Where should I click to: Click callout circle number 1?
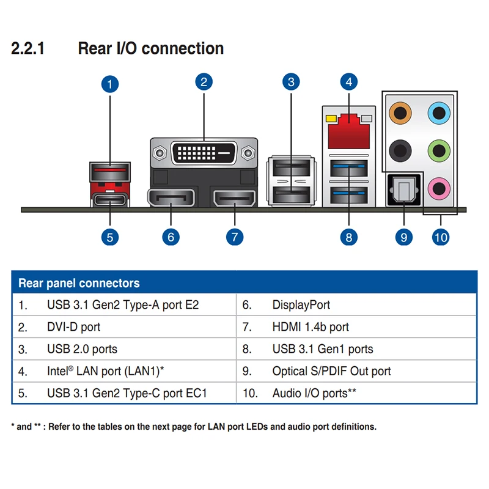(109, 84)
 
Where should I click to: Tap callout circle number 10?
(440, 237)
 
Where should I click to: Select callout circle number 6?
(171, 237)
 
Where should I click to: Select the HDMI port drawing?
(235, 199)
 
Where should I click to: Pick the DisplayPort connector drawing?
(171, 199)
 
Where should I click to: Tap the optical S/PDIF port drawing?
(403, 190)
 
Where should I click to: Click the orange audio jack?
(400, 112)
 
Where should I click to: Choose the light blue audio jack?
(437, 112)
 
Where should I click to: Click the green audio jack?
(437, 149)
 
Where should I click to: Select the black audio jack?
(400, 149)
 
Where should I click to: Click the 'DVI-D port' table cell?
(73, 327)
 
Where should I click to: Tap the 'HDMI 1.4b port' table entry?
(311, 327)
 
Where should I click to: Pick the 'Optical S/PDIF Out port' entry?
(331, 371)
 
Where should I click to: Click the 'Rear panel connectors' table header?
(79, 283)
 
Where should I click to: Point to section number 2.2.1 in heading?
(28, 49)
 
